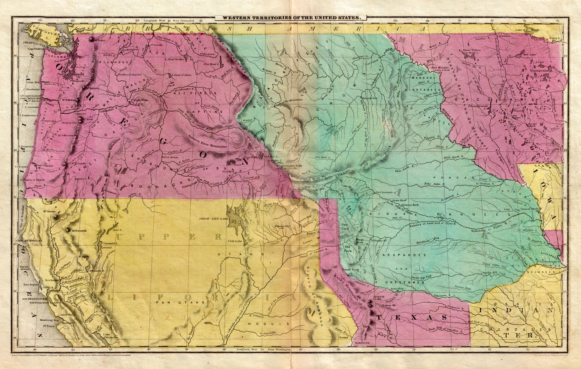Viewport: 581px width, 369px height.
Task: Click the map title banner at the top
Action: point(290,17)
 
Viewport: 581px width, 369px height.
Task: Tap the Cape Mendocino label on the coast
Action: point(29,241)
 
